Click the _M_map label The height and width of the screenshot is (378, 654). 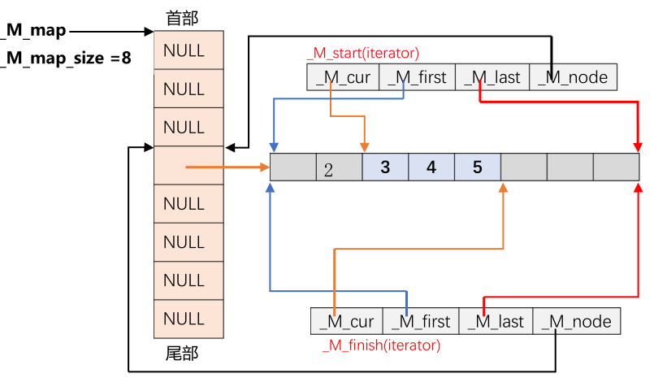click(x=34, y=31)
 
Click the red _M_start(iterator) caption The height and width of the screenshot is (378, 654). click(x=363, y=54)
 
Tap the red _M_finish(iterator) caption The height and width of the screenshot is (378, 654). click(x=381, y=345)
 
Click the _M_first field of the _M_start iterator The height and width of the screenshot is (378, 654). click(x=418, y=78)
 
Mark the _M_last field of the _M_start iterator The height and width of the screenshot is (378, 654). click(x=492, y=78)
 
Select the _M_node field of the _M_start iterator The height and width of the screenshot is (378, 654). click(x=568, y=78)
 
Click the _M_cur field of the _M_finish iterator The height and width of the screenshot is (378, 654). click(x=347, y=321)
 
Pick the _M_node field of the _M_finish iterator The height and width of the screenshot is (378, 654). click(x=578, y=321)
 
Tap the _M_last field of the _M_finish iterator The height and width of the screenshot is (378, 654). click(x=496, y=321)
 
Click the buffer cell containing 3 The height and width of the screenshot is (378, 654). click(x=385, y=167)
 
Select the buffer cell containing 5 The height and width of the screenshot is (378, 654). click(x=477, y=167)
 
